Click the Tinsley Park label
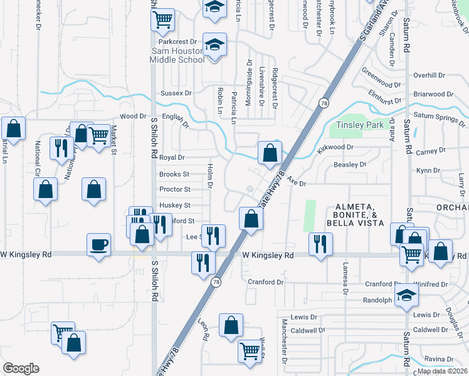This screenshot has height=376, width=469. (x=359, y=125)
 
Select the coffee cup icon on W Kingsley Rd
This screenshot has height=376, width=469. (x=98, y=244)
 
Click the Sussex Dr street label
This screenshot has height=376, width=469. (x=176, y=93)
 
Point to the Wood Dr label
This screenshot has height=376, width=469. (x=133, y=117)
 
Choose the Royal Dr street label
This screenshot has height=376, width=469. (x=172, y=158)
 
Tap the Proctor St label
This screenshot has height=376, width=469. (x=174, y=189)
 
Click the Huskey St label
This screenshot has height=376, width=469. (x=175, y=205)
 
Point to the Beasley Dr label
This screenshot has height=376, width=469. (x=350, y=164)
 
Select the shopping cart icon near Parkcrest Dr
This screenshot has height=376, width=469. (x=162, y=20)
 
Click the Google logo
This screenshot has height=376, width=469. (x=21, y=368)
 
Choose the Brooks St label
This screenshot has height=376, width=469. (x=174, y=174)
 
